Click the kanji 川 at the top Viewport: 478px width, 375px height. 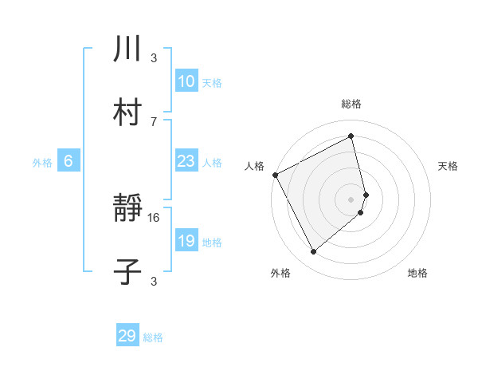click(x=128, y=50)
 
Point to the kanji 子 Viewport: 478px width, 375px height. click(x=128, y=272)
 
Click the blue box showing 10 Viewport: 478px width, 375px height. click(x=186, y=81)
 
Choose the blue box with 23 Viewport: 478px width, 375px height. click(x=186, y=161)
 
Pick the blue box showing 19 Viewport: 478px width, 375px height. click(x=186, y=241)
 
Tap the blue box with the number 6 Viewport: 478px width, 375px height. click(x=69, y=161)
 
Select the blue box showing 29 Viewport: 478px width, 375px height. click(x=127, y=336)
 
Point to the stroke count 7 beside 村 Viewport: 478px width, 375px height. click(x=154, y=121)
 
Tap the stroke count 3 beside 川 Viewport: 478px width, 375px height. click(x=154, y=58)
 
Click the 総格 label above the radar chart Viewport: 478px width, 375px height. click(x=351, y=105)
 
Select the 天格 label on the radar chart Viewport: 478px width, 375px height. click(x=449, y=166)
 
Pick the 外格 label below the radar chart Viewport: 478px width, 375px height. click(x=280, y=273)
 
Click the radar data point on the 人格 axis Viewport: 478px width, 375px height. click(x=275, y=175)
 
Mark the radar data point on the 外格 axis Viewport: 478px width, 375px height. click(x=313, y=252)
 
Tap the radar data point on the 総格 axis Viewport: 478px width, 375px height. click(x=351, y=136)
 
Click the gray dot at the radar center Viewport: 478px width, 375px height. click(x=351, y=199)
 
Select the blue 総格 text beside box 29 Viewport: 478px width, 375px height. click(x=153, y=337)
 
